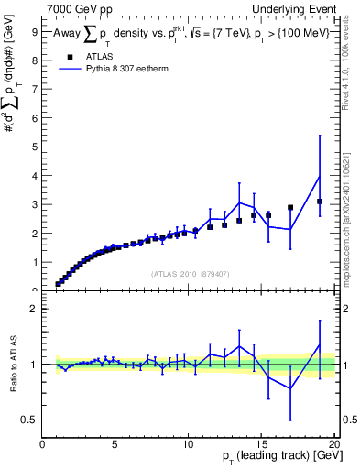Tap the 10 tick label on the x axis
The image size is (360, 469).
[x=188, y=445]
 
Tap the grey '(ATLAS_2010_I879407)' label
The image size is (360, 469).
[x=189, y=273]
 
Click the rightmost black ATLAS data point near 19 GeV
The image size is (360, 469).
[x=320, y=202]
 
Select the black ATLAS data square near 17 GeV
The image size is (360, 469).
[x=290, y=208]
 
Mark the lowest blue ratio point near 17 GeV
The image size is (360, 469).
[x=290, y=388]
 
